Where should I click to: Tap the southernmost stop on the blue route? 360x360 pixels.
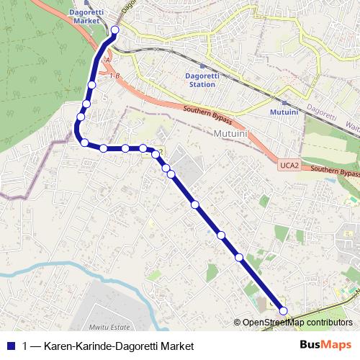[x=283, y=311]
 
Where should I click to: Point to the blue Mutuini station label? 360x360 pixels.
[x=284, y=113]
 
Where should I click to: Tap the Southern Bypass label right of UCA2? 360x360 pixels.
[x=335, y=171]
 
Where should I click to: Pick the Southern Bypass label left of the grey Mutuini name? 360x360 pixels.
[x=207, y=114]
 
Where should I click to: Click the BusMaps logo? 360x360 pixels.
[x=325, y=346]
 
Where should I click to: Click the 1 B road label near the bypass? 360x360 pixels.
[x=114, y=74]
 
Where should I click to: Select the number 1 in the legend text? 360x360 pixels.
[x=25, y=346]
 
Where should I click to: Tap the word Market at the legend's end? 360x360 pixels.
[x=176, y=346]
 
